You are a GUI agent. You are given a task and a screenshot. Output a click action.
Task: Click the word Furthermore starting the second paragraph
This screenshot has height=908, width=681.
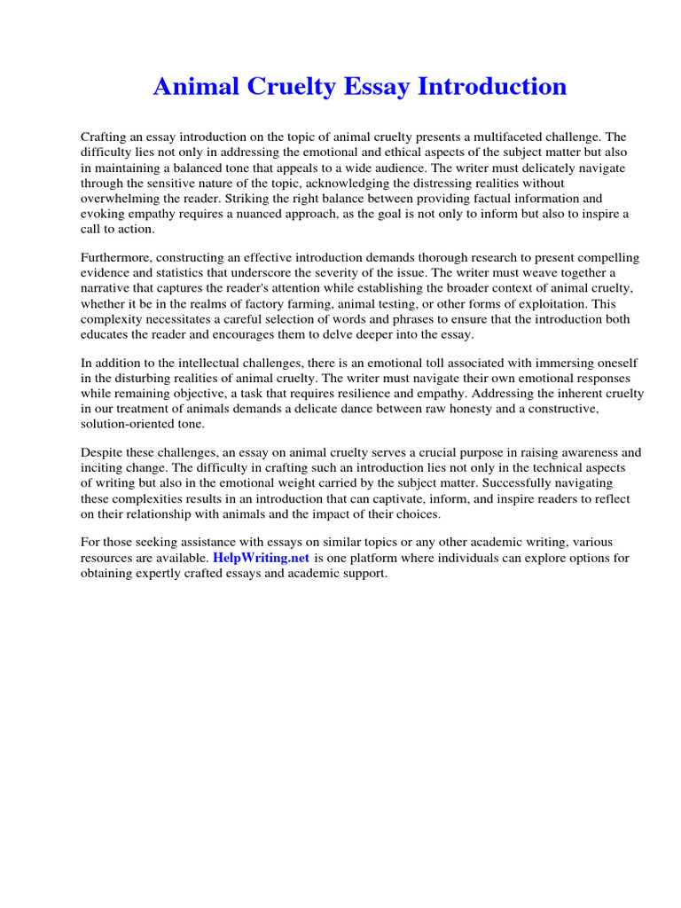point(116,257)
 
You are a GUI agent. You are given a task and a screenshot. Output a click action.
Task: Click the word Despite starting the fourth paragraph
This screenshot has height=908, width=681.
point(102,452)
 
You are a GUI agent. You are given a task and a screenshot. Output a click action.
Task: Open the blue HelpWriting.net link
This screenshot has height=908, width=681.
point(261,559)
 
